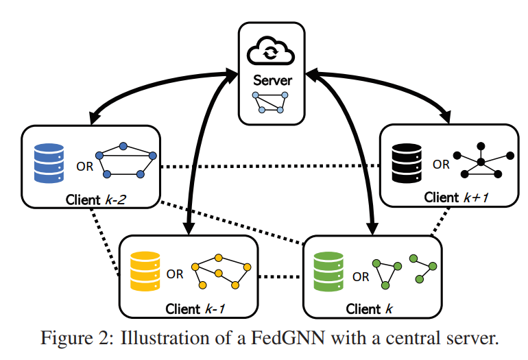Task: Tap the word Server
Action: (271, 80)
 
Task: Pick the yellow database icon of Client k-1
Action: (145, 269)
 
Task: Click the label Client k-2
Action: (95, 200)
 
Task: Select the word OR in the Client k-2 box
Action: (81, 165)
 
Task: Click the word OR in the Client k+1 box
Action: (441, 165)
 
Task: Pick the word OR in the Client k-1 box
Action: (175, 274)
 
